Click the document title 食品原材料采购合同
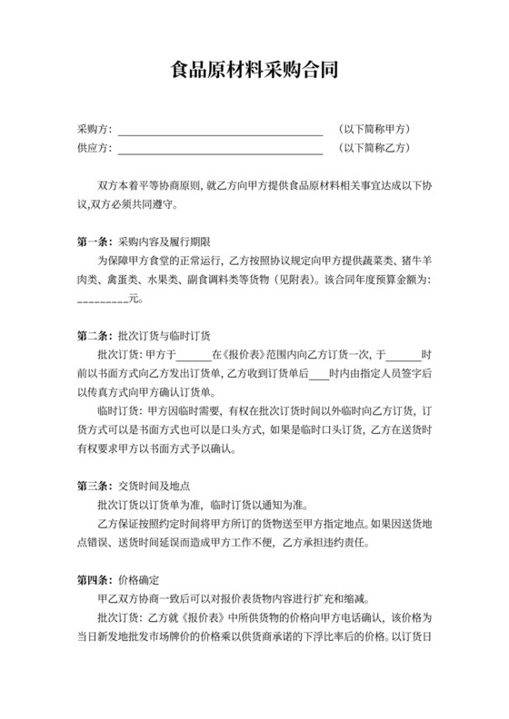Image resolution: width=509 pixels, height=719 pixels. tap(254, 69)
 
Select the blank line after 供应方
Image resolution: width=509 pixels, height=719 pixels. tap(220, 148)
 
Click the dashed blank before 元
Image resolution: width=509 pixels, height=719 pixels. tap(103, 298)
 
